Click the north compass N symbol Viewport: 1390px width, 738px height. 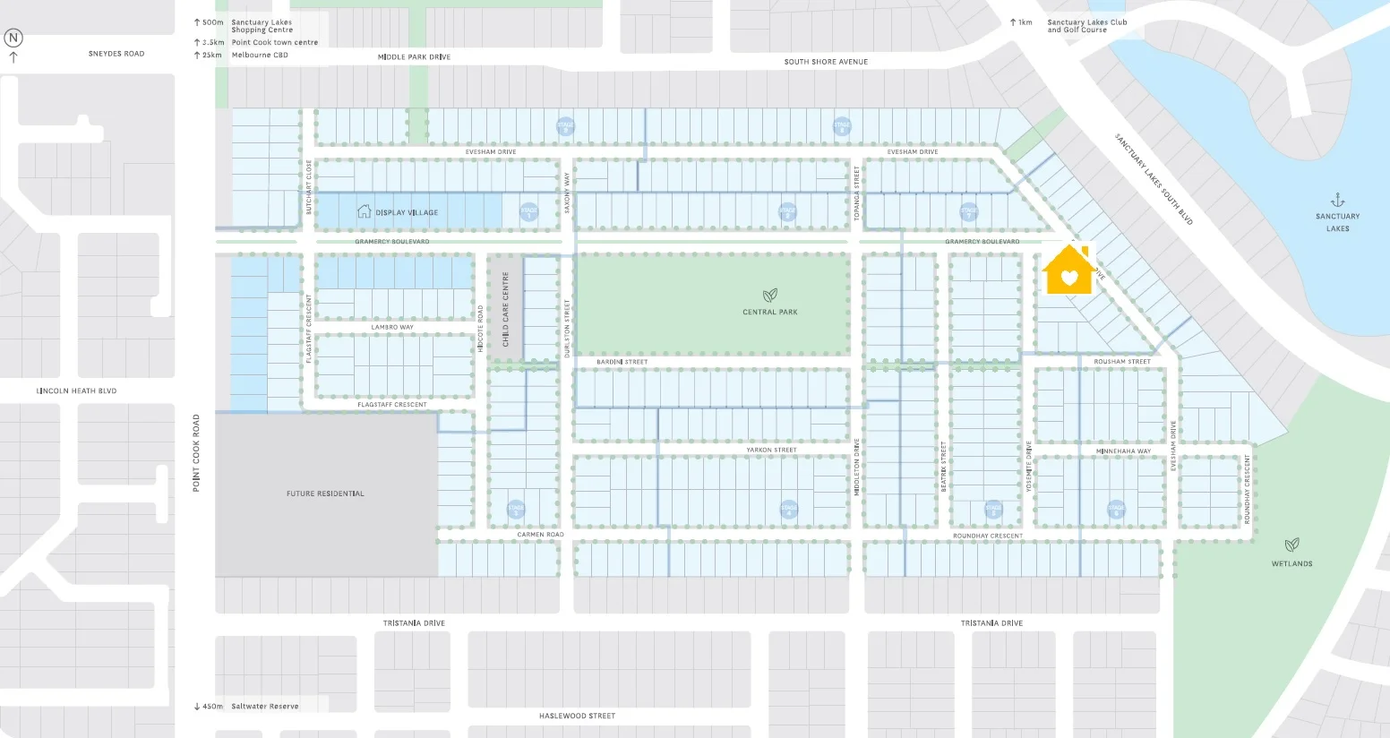13,38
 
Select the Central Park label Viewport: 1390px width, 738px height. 769,312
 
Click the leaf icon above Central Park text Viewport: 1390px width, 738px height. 769,295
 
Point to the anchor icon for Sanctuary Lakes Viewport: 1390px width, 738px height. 1337,200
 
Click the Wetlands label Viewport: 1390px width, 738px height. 1291,563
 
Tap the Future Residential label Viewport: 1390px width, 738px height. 325,493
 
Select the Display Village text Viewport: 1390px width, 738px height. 407,212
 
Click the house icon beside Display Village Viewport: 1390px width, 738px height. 364,211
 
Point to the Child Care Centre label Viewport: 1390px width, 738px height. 505,309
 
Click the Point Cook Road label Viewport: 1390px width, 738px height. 196,452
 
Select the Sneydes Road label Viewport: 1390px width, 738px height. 116,54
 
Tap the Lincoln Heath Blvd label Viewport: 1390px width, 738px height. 76,390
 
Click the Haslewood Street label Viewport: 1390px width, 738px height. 577,716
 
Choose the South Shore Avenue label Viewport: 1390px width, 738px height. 826,62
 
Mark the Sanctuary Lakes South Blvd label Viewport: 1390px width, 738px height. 1154,179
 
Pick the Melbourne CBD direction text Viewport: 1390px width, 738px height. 260,55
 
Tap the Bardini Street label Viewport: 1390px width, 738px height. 622,362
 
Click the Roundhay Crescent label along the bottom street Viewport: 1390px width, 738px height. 987,536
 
